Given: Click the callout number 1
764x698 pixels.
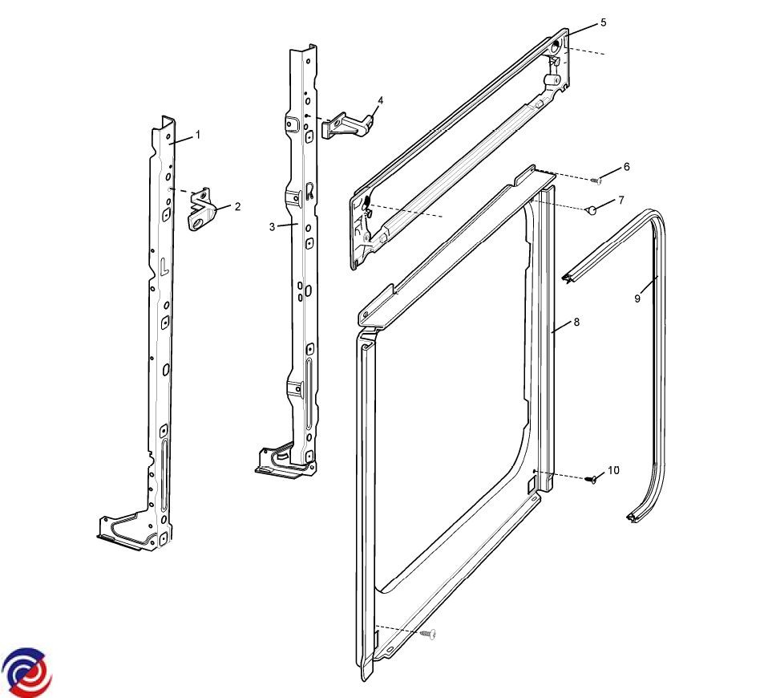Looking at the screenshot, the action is click(198, 135).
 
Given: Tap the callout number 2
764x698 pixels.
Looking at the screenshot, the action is click(237, 206).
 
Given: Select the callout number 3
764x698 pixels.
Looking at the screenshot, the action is click(272, 227).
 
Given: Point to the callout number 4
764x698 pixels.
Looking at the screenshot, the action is click(381, 100).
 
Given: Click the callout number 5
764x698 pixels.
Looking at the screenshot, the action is click(603, 22).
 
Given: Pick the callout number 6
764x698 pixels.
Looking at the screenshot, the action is click(627, 167).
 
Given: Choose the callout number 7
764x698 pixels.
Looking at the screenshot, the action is click(621, 200).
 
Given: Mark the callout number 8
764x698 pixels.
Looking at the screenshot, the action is click(577, 322).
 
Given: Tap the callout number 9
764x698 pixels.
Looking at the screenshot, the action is click(637, 298).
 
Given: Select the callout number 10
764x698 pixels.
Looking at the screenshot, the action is click(613, 470).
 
